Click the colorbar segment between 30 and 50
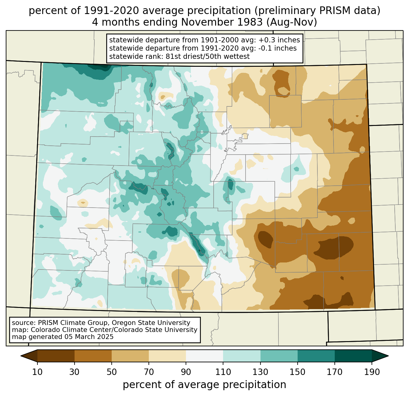pos(93,356)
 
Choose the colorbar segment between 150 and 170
pos(316,356)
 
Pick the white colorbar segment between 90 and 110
pos(204,356)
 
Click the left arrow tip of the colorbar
pos(21,356)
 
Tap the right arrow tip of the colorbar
pos(388,356)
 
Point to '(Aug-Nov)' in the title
pos(292,22)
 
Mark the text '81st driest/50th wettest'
pos(208,56)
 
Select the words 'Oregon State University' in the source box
pos(151,323)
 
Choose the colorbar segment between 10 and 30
pos(56,356)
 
